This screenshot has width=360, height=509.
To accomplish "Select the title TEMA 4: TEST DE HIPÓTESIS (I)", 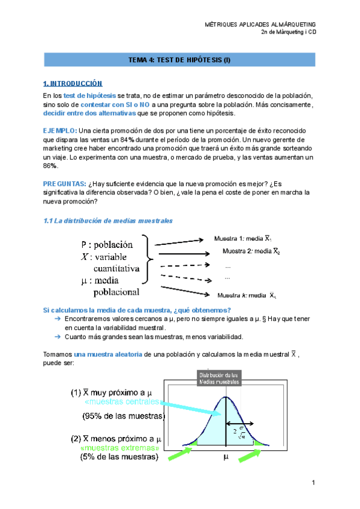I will (x=180, y=60).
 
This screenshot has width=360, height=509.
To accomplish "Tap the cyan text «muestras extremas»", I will (x=119, y=448).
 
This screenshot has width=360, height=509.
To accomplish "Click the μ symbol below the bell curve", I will (x=226, y=457).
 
